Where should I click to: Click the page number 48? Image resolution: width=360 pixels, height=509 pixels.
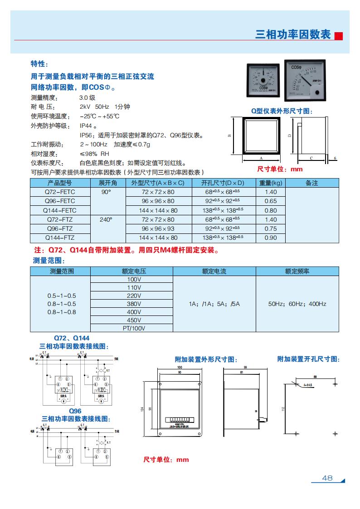tap(327, 478)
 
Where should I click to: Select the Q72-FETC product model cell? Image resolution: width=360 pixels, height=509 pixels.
tap(60, 192)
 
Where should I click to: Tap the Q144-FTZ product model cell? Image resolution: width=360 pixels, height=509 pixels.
tap(60, 238)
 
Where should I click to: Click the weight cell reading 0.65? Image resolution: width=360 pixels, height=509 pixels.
tap(270, 201)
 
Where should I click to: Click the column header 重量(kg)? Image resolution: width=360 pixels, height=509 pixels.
tap(270, 183)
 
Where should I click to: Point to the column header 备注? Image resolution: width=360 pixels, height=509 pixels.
tap(312, 183)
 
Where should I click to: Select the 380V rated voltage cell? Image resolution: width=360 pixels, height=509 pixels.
tap(134, 304)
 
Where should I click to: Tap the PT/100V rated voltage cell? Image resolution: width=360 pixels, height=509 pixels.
tap(134, 328)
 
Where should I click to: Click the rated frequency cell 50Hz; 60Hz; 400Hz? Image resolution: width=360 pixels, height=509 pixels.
tap(297, 304)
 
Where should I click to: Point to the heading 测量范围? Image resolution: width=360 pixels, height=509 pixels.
tap(49, 261)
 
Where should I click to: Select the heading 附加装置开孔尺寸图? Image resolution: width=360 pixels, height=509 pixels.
tap(308, 359)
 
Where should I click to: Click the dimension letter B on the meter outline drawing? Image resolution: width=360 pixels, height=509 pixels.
tap(229, 135)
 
